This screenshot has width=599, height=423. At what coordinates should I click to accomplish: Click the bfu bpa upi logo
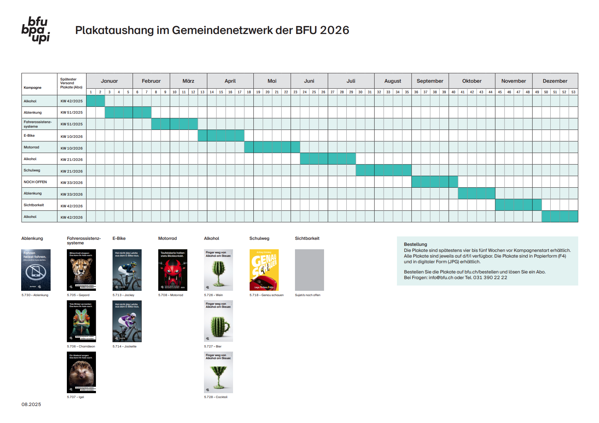[36, 30]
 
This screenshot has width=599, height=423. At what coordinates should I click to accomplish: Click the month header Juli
[351, 81]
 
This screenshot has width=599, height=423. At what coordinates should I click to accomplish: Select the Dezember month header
[555, 81]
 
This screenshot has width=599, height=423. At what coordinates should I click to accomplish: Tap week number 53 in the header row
[573, 92]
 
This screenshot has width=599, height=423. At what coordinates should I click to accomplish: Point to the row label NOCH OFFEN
[35, 182]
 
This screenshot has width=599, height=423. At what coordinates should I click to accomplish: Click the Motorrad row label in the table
[31, 147]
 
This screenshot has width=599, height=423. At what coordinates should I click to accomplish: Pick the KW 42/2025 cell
[71, 101]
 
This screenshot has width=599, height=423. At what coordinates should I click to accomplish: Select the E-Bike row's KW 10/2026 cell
[71, 136]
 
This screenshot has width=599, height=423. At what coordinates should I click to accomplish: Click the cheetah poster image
[81, 270]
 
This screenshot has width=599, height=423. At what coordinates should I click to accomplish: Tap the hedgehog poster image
[81, 372]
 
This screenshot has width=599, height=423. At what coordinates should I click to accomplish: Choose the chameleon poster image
[81, 321]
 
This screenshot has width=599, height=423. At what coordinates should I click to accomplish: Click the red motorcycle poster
[173, 270]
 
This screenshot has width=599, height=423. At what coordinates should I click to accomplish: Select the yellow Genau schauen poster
[264, 270]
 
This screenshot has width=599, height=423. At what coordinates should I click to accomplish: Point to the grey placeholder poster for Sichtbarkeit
[309, 270]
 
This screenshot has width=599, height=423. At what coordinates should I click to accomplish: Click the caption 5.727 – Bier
[213, 346]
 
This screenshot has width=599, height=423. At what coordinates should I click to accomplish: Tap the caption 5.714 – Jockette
[124, 346]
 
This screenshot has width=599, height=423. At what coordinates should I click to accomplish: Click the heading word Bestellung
[415, 244]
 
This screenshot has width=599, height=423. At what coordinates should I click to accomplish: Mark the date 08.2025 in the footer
[31, 404]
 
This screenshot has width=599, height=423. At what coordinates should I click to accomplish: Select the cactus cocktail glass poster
[218, 372]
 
